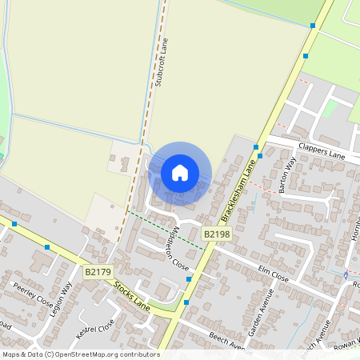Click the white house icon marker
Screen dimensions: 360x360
click(x=180, y=172)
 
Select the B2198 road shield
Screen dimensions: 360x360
click(x=216, y=234)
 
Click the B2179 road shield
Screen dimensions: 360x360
click(x=98, y=272)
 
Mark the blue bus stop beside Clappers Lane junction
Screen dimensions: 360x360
click(x=258, y=146)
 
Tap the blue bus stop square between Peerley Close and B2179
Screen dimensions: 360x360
click(x=47, y=246)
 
